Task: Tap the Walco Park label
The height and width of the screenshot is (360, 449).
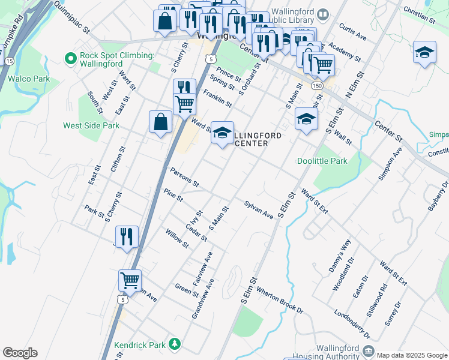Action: (28, 78)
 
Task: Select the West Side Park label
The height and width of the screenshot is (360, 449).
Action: (91, 125)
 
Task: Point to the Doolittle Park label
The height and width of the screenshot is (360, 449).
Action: (322, 161)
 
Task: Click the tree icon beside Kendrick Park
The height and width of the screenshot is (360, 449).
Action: (174, 344)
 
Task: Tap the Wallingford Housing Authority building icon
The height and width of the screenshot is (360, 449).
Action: (368, 350)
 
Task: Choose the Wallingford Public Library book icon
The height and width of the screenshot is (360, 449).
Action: (324, 14)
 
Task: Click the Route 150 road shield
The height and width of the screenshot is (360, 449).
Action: (317, 86)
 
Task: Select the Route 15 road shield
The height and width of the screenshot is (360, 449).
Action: (9, 61)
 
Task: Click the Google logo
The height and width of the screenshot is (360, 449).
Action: (20, 353)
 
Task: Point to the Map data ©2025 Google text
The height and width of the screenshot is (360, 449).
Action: (412, 355)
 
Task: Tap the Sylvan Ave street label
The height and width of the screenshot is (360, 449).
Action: (259, 209)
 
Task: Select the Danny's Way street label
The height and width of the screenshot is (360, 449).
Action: (339, 253)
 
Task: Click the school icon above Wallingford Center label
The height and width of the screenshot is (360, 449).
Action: (221, 133)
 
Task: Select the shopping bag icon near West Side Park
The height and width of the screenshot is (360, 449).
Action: (160, 123)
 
